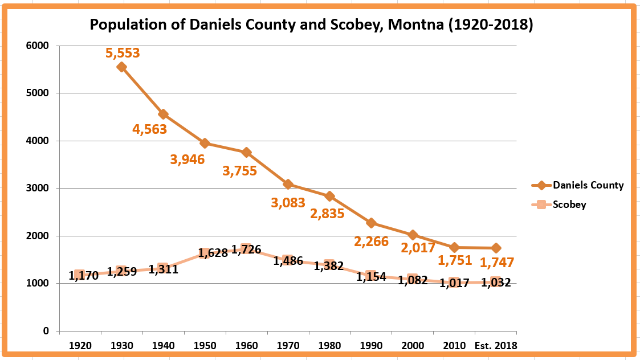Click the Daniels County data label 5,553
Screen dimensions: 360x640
[x=123, y=53]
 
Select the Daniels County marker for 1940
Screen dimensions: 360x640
[x=163, y=114]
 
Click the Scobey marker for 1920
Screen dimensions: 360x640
[x=80, y=275]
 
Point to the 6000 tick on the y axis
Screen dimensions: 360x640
[x=38, y=46]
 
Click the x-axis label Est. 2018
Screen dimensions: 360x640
[x=496, y=346]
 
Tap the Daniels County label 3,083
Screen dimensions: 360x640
[x=288, y=202]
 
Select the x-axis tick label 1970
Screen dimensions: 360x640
[x=288, y=346]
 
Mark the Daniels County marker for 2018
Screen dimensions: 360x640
[x=496, y=248]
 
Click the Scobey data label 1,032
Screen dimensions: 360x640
[x=496, y=283]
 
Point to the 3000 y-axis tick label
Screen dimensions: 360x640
[x=38, y=188]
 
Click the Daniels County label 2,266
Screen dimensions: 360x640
[x=371, y=242]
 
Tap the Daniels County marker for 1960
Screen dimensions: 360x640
[x=246, y=152]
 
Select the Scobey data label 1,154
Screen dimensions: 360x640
[x=371, y=277]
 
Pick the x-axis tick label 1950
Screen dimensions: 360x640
[x=205, y=346]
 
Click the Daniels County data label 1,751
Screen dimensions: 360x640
[x=455, y=260]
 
